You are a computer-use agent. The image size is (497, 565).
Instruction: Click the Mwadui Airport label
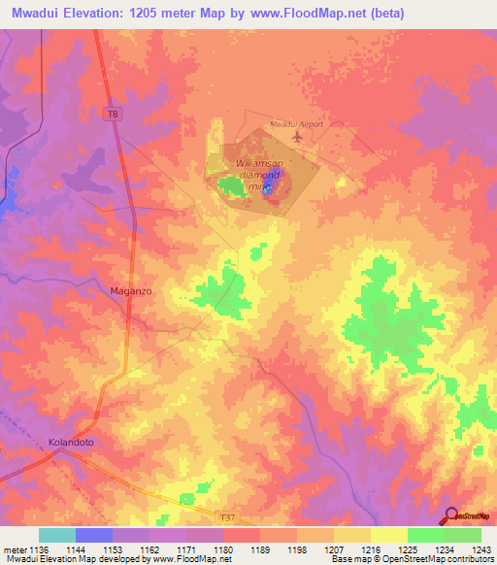(x=296, y=124)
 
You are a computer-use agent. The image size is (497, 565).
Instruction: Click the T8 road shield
(x=114, y=115)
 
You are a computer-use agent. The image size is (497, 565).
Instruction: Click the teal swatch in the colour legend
(x=57, y=535)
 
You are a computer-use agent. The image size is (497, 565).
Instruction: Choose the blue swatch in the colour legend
(x=94, y=535)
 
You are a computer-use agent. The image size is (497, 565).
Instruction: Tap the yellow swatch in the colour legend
(x=389, y=535)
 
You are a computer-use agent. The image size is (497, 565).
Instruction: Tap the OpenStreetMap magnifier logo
(x=450, y=515)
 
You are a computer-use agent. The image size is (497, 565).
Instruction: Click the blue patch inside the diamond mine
(x=267, y=187)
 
